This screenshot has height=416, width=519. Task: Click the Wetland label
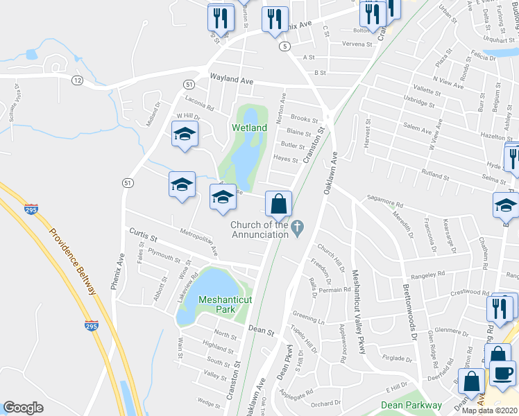point(249,128)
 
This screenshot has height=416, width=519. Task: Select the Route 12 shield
point(77,81)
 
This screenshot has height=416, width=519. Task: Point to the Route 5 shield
point(284,46)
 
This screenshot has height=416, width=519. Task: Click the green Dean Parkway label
point(411,405)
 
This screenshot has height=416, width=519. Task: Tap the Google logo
point(23,408)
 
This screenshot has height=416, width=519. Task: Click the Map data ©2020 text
point(490,410)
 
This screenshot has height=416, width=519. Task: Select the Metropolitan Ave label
point(199,241)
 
